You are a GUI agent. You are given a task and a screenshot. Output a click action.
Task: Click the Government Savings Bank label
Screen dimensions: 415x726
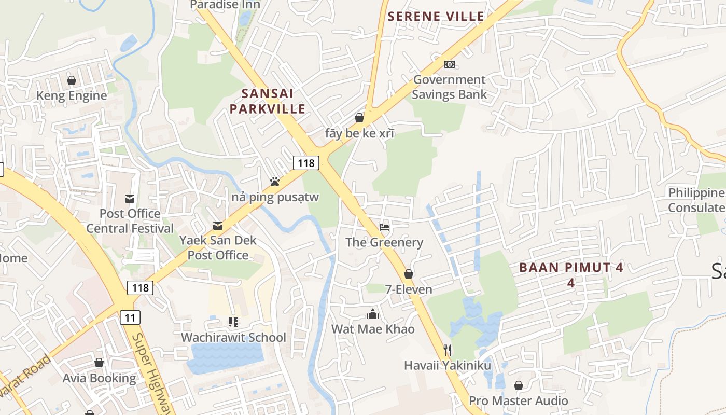point(450,87)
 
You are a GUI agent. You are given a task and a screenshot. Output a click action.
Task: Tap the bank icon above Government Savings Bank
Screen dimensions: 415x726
point(450,64)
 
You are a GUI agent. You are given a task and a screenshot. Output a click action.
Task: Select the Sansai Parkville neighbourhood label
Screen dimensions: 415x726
point(268,101)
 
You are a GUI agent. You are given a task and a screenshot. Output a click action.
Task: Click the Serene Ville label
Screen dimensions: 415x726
point(436,17)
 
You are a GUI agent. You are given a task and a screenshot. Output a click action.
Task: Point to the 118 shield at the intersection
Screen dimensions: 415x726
point(306,163)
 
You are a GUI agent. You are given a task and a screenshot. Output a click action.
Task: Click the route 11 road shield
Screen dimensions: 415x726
point(130,317)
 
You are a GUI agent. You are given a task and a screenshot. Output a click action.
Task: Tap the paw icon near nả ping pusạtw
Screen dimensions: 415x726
point(275,182)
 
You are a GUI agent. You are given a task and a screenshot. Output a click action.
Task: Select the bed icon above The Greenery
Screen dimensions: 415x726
point(384,227)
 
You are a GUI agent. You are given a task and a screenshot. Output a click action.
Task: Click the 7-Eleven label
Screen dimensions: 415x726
point(409,289)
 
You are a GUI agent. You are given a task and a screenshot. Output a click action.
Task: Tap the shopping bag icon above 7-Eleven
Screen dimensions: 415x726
point(409,274)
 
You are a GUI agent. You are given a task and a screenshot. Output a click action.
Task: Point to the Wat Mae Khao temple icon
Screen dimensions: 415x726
point(372,314)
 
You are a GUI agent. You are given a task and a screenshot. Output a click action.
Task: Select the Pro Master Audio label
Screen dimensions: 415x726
point(519,400)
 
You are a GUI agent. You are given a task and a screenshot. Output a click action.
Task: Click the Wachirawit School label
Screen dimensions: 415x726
point(233,337)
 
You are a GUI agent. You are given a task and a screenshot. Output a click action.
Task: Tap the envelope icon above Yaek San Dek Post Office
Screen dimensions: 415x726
point(218,226)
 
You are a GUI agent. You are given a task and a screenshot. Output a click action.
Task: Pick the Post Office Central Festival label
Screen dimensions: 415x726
point(130,221)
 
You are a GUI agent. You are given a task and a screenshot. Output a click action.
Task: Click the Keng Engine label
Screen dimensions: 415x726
point(72,95)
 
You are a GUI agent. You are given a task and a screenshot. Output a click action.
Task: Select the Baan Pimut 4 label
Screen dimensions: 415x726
point(571,274)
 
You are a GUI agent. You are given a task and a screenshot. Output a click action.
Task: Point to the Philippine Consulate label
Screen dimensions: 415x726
point(696,200)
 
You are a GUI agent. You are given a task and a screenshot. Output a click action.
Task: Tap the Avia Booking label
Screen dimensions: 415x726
point(99,378)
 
